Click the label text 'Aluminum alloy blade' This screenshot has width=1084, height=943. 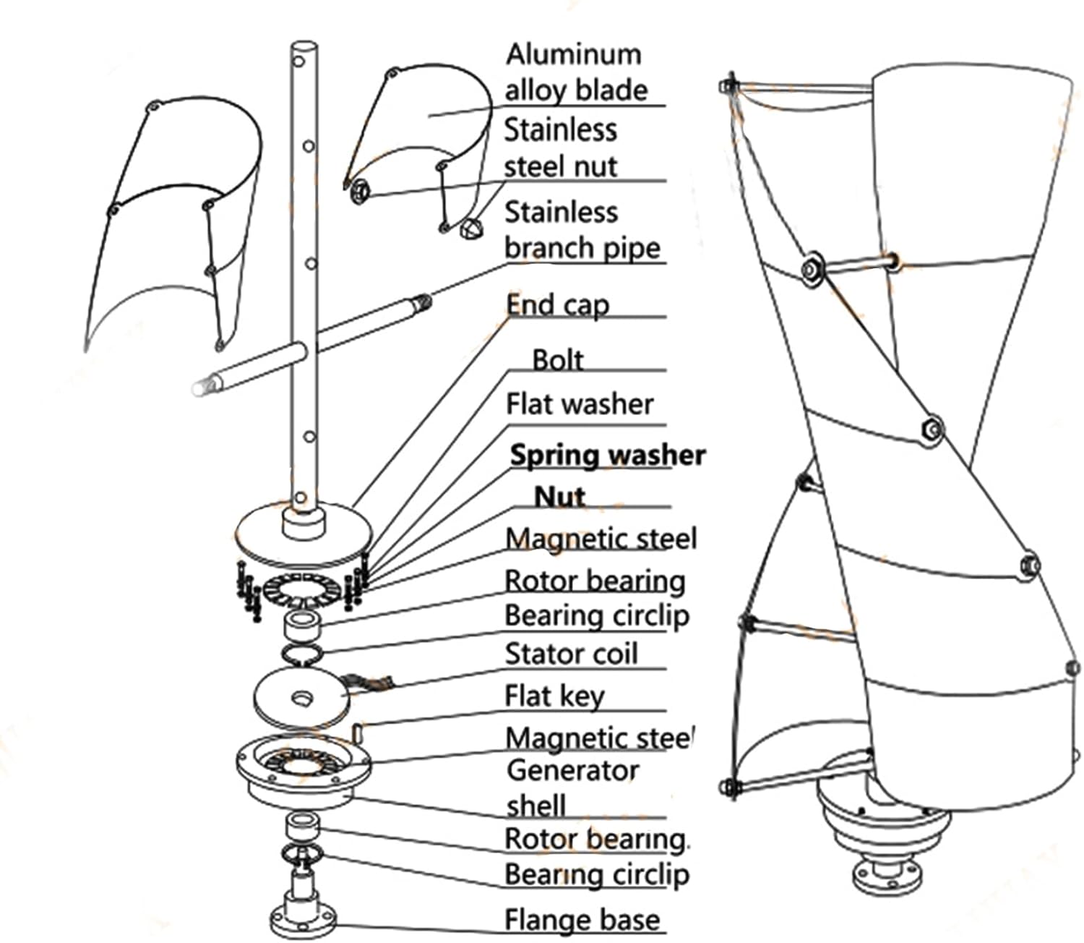575,72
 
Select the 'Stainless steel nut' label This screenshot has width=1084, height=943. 561,148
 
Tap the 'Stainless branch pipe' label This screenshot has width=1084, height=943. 582,230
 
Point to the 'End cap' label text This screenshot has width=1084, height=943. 557,305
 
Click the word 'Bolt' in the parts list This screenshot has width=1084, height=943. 557,359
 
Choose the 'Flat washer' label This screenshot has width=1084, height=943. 580,404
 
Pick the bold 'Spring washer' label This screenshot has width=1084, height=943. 607,455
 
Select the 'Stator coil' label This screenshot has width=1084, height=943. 571,654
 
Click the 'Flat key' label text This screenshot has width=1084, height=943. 554,696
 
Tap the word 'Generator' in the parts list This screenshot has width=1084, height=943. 573,770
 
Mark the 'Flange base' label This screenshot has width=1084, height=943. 582,920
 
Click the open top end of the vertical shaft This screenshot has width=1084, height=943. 304,48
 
